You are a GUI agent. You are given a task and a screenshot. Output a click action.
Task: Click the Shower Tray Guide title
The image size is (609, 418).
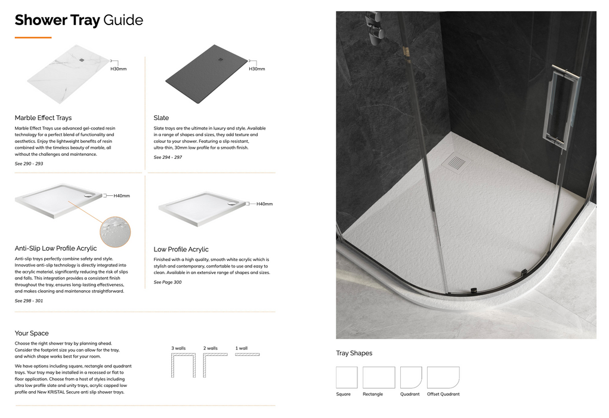[79, 20]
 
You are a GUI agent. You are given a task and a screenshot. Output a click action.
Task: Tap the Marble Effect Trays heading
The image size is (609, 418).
[43, 118]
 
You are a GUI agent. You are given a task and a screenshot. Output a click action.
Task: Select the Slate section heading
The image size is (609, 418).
[161, 118]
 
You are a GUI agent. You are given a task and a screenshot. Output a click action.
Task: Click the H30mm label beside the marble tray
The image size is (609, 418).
[119, 69]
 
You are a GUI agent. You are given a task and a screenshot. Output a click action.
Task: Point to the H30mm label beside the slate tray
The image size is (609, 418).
[256, 69]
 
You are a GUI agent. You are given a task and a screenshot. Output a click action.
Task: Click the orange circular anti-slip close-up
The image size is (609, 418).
[115, 232]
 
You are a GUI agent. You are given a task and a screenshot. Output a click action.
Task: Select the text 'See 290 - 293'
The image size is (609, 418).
[29, 164]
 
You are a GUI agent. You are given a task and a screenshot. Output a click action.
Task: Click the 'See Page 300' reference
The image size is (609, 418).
[168, 282]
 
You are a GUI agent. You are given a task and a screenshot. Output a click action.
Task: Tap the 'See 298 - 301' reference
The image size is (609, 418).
[29, 301]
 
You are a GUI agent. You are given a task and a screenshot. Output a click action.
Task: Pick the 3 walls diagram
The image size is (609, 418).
[179, 365]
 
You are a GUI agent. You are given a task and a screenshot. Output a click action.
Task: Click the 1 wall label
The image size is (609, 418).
[241, 348]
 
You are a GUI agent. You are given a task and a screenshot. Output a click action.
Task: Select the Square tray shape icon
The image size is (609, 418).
[347, 377]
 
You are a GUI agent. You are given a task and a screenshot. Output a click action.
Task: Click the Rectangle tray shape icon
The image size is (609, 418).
[379, 377]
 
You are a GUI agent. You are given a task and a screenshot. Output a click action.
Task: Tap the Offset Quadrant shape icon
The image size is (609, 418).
[443, 377]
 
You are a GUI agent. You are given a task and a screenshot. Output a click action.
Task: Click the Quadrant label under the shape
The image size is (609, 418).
[410, 394]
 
